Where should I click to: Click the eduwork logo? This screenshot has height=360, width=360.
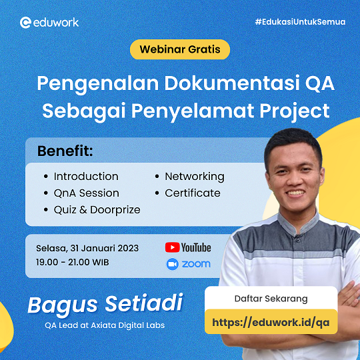pos(49,22)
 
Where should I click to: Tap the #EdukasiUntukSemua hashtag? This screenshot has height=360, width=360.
pos(300,22)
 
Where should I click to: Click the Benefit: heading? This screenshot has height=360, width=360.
pos(65,151)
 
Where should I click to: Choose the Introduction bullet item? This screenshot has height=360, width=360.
pos(86,177)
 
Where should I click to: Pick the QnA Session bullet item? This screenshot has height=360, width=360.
pos(86,193)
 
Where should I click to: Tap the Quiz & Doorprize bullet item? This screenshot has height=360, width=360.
pos(97,209)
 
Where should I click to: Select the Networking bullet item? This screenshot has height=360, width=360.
pos(194,177)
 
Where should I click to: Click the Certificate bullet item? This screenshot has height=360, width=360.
pos(192,193)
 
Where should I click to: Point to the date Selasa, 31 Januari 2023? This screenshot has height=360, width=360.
pos(87,248)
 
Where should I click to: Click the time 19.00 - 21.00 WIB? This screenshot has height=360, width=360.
pos(73,262)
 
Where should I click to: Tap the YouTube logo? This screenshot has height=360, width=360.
pos(188,247)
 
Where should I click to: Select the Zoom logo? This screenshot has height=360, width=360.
pos(188,264)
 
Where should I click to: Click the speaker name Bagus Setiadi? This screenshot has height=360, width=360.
pos(105,304)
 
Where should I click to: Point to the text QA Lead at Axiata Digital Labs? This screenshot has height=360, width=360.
pos(105,326)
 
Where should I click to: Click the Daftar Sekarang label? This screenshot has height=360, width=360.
pos(275,298)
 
